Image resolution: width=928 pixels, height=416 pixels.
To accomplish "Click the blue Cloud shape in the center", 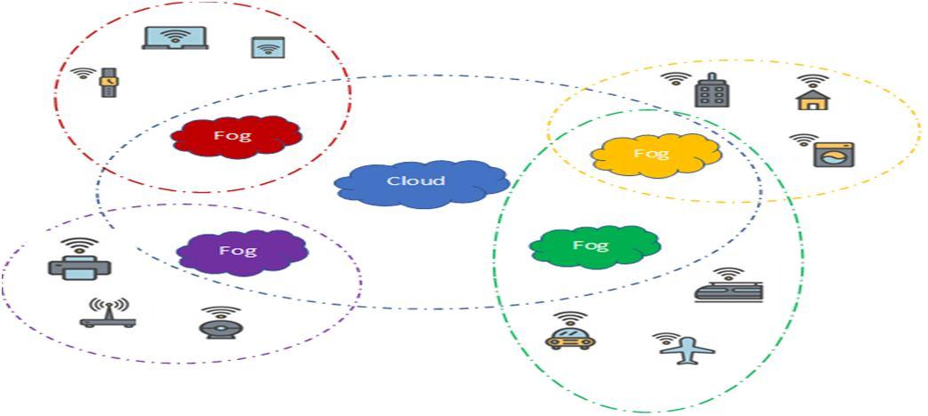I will pos(421,183).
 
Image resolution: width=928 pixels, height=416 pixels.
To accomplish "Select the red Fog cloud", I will pos(235,137).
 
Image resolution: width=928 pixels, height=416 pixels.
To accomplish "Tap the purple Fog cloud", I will pos(242,252).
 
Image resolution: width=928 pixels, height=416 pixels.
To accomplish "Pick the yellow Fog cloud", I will pos(655,155).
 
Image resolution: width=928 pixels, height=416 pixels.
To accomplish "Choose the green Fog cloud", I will pos(594,245).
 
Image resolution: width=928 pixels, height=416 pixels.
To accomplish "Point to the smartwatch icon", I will pos(108,82).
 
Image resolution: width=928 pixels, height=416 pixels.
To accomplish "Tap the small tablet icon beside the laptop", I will pos(267,47).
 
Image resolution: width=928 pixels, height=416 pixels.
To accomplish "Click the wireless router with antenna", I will pos(108,313).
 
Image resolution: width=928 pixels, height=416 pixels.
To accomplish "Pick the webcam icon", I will pos(219,325).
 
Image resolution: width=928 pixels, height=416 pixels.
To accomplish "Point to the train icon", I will pos(728,292).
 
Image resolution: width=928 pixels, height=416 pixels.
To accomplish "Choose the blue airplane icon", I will pos(687,350).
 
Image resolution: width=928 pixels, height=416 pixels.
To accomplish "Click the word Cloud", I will pos(416,181).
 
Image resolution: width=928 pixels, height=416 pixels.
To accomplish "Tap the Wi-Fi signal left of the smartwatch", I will pos(83,74).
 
